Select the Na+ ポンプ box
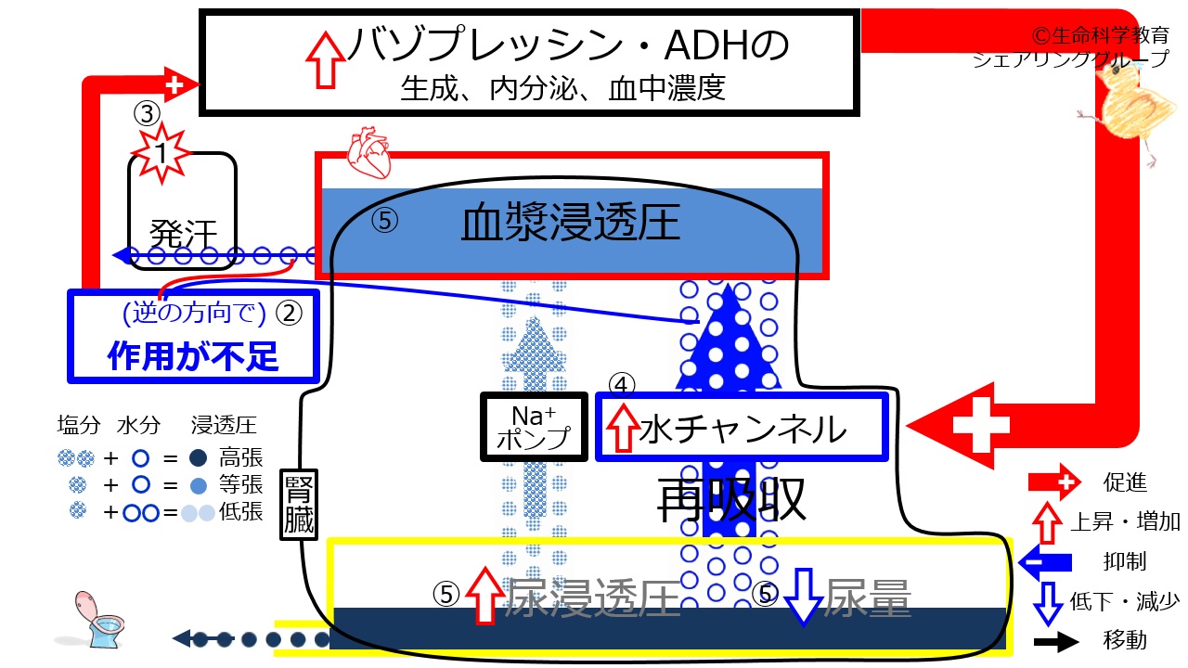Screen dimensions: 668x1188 pyautogui.click(x=533, y=427)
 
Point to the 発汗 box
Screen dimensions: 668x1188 pyautogui.click(x=183, y=212)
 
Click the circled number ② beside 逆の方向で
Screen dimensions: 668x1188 pyautogui.click(x=290, y=314)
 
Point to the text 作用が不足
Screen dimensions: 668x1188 pyautogui.click(x=193, y=355)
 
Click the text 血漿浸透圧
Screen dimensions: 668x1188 pyautogui.click(x=571, y=224)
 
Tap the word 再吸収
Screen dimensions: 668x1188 pyautogui.click(x=731, y=502)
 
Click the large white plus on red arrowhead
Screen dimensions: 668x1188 pyautogui.click(x=983, y=426)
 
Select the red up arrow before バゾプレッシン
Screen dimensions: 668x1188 pyautogui.click(x=325, y=58)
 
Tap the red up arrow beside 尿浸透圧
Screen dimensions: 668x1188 pyautogui.click(x=483, y=595)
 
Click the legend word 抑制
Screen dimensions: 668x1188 pyautogui.click(x=1124, y=560)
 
